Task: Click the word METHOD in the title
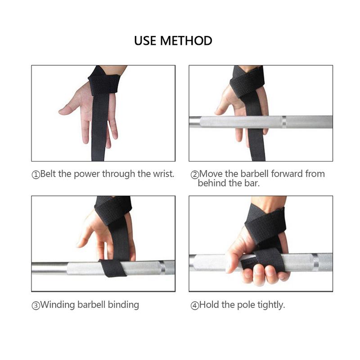186,40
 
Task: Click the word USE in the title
146,40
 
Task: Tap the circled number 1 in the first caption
36,175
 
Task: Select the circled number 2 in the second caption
194,175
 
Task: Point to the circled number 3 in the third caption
36,306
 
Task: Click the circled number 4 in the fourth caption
194,306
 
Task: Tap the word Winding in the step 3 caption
57,305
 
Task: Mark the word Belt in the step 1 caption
49,174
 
